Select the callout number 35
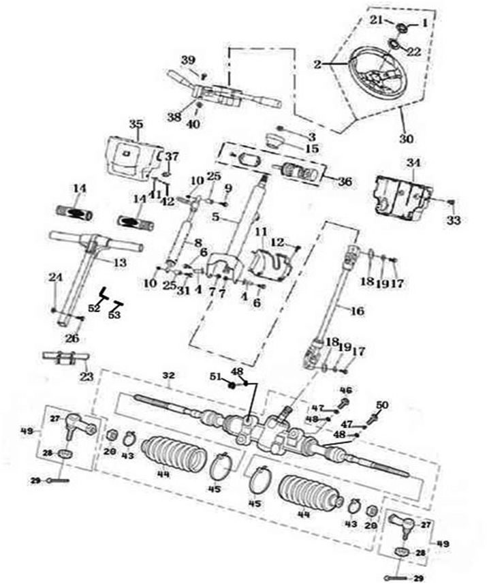pyautogui.click(x=136, y=124)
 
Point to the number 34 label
pyautogui.click(x=413, y=163)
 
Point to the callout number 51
pyautogui.click(x=216, y=378)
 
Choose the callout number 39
pyautogui.click(x=188, y=60)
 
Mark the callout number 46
pyautogui.click(x=345, y=389)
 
